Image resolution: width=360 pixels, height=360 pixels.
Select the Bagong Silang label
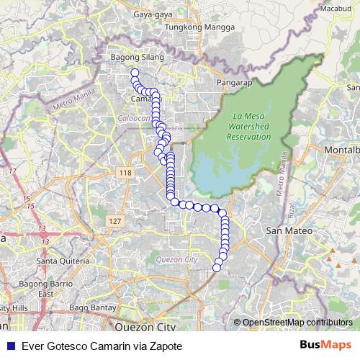tap(137, 57)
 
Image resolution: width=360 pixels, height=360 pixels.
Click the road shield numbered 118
tap(125, 174)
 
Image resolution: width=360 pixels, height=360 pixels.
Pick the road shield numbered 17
tap(12, 171)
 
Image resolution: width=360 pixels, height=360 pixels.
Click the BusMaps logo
tap(325, 345)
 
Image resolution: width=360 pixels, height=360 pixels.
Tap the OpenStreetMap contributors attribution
tap(297, 322)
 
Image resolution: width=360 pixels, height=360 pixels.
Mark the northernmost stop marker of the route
tap(134, 73)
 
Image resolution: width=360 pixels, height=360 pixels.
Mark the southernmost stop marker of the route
tap(217, 268)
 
